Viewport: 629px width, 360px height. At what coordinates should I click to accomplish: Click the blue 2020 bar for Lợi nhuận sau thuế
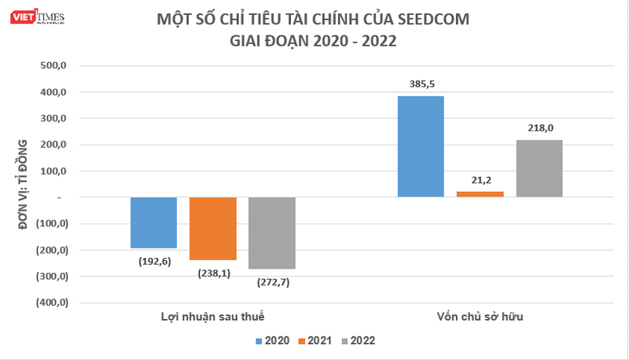pos(153,222)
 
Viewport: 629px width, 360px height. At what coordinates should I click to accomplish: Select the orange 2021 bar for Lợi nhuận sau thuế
pos(212,228)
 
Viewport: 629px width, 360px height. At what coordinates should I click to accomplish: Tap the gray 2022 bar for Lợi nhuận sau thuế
pos(271,233)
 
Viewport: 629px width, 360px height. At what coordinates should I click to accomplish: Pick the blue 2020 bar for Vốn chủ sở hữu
pos(421,146)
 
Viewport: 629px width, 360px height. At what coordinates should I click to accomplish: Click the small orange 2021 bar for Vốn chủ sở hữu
pos(480,193)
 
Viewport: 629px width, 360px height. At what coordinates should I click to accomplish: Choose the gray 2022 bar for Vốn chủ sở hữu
pos(539,168)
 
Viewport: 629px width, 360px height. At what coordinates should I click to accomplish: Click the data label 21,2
pos(480,180)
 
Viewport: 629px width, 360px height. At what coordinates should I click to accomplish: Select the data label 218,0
pos(539,127)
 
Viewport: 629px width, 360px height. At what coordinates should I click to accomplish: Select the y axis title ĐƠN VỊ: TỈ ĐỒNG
pos(22,183)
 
